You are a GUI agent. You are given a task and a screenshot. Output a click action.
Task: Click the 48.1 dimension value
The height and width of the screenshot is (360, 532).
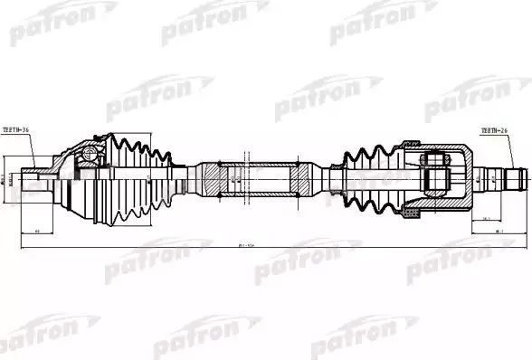(x=497, y=232)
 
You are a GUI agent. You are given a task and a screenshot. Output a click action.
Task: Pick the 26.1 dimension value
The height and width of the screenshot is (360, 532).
(x=487, y=218)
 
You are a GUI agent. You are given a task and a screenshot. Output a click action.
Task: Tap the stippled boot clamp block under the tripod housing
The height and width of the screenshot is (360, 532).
(x=410, y=213)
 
